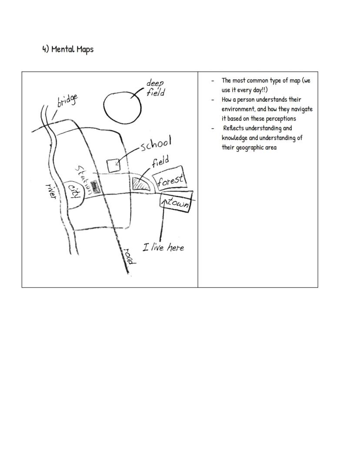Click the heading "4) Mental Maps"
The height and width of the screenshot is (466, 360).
(68, 49)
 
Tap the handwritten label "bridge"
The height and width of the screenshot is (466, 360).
(67, 101)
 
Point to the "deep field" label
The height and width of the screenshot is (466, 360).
(155, 87)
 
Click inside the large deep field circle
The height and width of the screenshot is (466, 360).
(122, 106)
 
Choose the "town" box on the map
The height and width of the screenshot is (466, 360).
(176, 203)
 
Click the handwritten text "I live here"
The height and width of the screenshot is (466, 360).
(163, 248)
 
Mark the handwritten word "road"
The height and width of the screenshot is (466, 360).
(130, 256)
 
